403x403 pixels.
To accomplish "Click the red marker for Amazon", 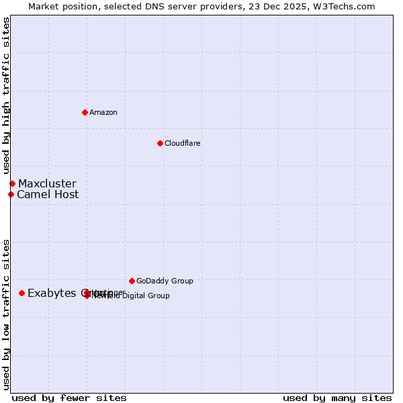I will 85,112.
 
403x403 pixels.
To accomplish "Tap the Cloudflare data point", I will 160,143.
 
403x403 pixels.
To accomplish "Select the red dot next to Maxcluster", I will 12,183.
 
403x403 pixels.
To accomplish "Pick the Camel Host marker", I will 11,195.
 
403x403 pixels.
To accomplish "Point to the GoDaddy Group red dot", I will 132,281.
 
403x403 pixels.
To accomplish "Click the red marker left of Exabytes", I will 21,293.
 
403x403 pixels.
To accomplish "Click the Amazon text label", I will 103,112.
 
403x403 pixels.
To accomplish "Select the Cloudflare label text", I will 182,143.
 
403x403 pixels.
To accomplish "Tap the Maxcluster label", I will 47,184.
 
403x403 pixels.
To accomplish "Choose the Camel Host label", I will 48,195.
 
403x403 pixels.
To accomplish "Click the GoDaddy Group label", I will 165,281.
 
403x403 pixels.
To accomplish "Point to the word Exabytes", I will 52,293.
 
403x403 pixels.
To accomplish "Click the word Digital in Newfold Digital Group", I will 135,296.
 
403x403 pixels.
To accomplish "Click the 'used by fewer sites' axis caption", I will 69,398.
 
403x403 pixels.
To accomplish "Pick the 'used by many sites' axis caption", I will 337,398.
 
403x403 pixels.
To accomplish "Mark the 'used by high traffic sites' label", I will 6,96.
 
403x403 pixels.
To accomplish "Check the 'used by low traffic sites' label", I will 6,314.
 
